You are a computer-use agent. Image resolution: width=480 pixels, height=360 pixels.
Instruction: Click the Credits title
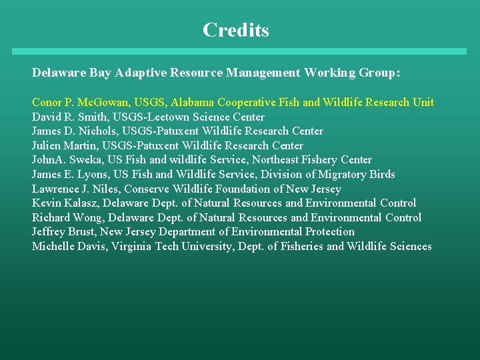point(236,31)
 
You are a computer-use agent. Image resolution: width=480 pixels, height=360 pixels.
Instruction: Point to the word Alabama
point(191,103)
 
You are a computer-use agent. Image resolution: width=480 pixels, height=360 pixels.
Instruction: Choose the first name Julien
point(46,146)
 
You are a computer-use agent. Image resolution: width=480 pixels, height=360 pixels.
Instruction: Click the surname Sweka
point(83,160)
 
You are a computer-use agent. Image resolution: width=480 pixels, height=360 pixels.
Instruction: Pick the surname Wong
point(87,218)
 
